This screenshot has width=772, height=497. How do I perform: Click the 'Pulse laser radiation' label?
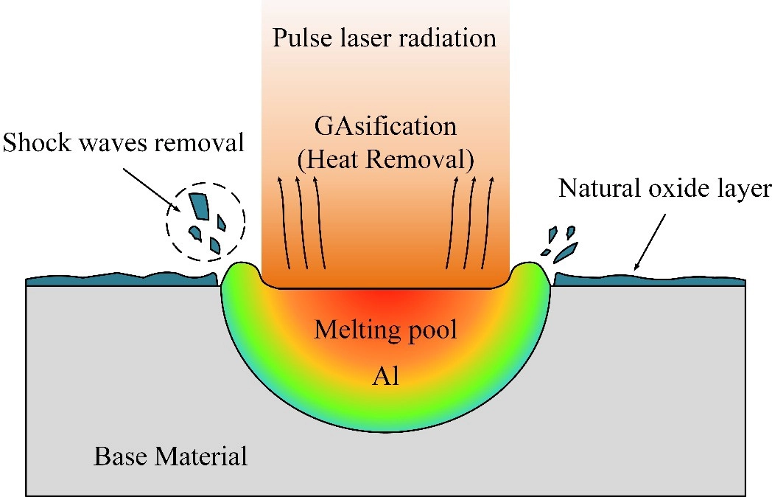click(x=385, y=38)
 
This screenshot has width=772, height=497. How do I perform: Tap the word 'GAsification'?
click(x=385, y=126)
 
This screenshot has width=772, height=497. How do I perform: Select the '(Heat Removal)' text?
click(x=385, y=157)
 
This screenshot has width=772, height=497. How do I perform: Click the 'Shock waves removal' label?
click(x=123, y=142)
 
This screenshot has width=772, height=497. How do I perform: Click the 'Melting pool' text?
click(x=385, y=329)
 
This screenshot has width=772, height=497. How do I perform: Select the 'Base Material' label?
click(x=171, y=456)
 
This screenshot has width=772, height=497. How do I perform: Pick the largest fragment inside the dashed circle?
click(x=198, y=204)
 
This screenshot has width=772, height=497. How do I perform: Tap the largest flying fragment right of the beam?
click(x=566, y=252)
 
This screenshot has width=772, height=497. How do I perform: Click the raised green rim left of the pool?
click(x=238, y=277)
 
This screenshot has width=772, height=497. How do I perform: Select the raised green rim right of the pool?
click(x=532, y=277)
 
